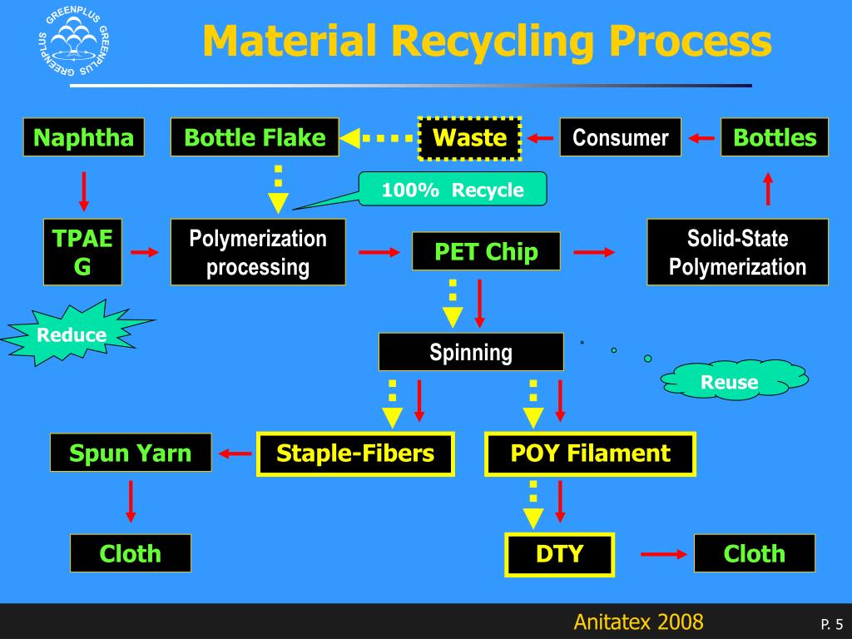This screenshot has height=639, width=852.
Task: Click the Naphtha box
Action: pos(83,137)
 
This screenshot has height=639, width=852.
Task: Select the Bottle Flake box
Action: pos(255,137)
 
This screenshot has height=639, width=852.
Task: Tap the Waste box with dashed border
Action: pos(470,137)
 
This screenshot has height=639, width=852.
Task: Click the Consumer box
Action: pos(621,137)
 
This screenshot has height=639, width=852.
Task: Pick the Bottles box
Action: pos(775,137)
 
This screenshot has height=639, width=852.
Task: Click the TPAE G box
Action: pos(83,252)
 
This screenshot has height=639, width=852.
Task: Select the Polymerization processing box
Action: pos(258,252)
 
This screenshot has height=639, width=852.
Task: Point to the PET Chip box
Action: pos(486,251)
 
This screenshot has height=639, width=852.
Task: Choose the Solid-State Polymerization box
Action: pos(737,252)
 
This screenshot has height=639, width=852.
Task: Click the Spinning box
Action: pos(471,352)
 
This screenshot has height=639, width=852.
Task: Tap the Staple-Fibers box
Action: pos(355,453)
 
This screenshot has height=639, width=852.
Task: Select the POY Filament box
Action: pos(590,453)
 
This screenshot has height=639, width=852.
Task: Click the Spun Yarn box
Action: pos(131,453)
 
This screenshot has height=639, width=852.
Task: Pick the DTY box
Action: pos(559,554)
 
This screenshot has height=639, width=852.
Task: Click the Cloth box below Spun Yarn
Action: pos(131,553)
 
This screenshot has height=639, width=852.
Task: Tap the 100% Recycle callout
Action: pos(453,190)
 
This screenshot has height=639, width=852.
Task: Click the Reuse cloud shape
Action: pos(731,382)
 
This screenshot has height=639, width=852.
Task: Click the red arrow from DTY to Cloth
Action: pos(663,554)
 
